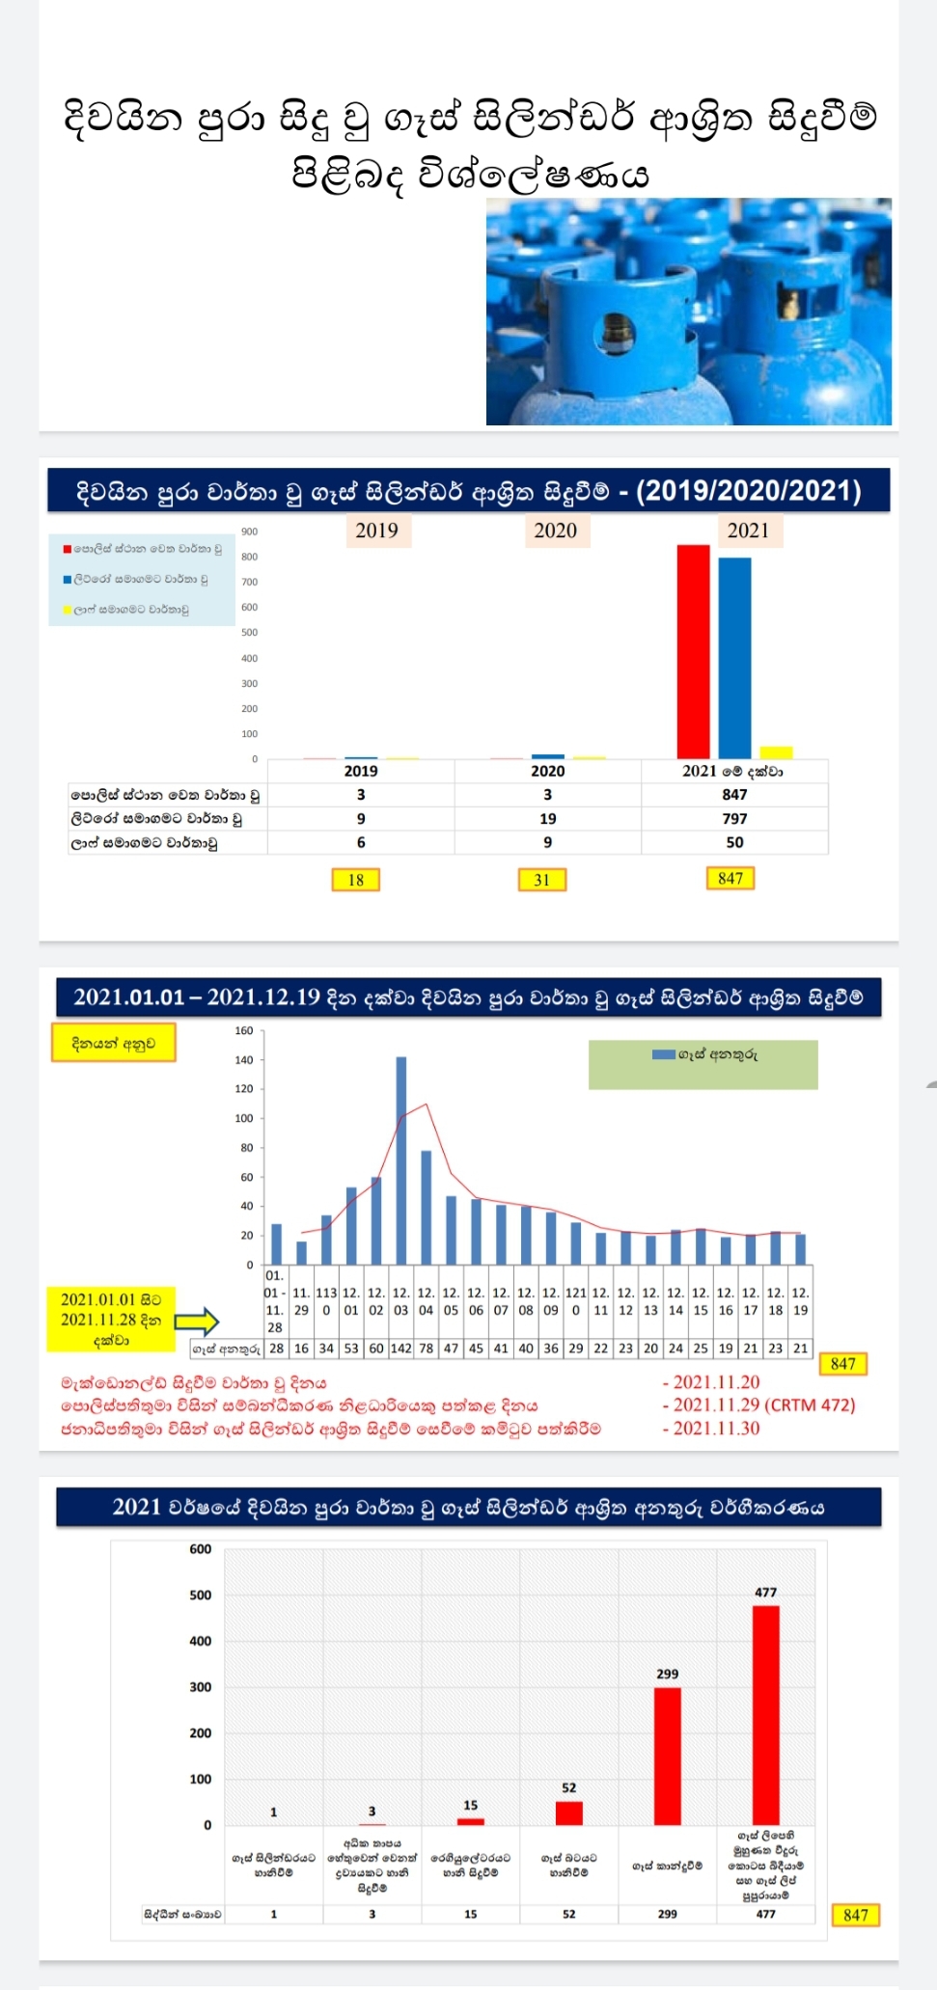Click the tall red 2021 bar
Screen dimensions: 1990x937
point(693,651)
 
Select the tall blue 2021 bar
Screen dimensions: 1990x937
point(734,658)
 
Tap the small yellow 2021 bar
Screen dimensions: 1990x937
point(776,752)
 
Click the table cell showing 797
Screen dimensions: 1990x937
point(734,819)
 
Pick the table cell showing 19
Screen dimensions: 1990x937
point(547,819)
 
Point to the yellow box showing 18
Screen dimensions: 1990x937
point(356,880)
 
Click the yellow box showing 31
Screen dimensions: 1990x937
point(542,880)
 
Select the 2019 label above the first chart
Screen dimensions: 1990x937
point(376,531)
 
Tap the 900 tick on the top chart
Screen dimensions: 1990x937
point(250,532)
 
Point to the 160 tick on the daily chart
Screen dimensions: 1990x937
point(244,1031)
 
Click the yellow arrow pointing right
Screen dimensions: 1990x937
point(197,1322)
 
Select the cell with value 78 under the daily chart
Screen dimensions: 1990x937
point(426,1349)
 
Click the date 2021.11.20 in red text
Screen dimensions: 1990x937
point(716,1382)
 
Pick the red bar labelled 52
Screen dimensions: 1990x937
point(569,1813)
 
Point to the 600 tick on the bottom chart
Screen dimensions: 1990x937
point(201,1549)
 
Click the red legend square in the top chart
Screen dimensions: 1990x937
point(68,550)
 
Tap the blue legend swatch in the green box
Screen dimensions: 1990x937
point(663,1054)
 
